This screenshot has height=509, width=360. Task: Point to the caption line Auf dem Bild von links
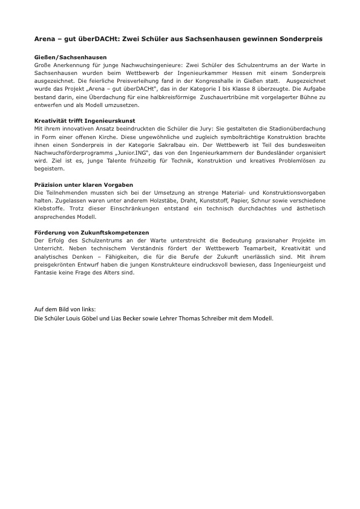[x=65, y=309]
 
